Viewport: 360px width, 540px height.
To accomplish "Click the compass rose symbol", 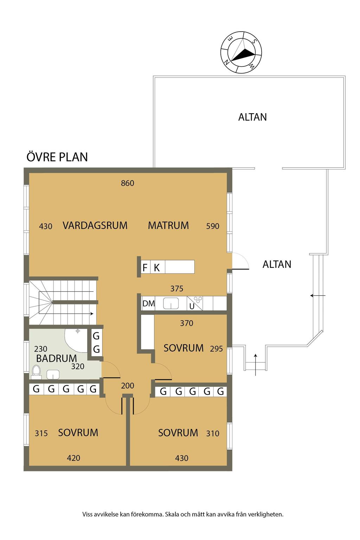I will click(x=241, y=52).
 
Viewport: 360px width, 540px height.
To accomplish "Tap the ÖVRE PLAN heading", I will click(x=57, y=157).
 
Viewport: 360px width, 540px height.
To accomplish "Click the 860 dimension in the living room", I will click(x=127, y=183).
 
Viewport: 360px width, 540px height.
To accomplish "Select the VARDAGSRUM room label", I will click(x=95, y=225).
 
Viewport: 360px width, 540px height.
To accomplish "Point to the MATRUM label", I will click(x=168, y=225).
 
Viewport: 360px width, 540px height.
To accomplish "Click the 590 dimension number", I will click(x=213, y=226).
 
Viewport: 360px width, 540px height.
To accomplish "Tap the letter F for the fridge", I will click(x=145, y=268).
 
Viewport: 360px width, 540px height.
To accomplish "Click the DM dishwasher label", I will click(x=148, y=303).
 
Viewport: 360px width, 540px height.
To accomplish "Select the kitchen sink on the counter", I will click(x=171, y=303).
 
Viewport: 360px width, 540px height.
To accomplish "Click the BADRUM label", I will click(x=56, y=358).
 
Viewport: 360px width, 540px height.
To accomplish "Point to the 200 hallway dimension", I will click(x=127, y=386).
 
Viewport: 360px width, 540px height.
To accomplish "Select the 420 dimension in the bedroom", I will click(x=73, y=458).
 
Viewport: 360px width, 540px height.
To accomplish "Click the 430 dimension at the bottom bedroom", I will click(x=182, y=458).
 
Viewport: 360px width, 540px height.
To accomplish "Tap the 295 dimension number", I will click(x=216, y=349).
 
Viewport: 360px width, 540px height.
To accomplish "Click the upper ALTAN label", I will click(x=252, y=117).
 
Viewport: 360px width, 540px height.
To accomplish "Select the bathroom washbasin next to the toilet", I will click(x=53, y=375).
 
